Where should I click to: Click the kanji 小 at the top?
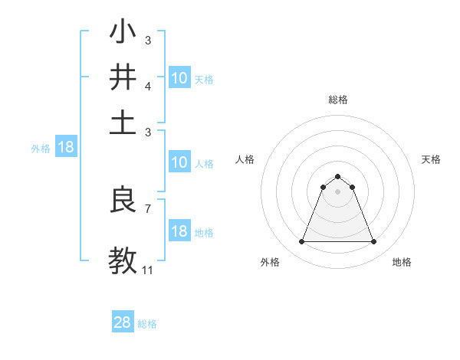tap(123, 34)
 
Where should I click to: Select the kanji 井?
tap(123, 77)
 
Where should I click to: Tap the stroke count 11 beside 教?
tap(148, 270)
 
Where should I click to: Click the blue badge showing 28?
tap(123, 322)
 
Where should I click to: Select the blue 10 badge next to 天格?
tap(179, 78)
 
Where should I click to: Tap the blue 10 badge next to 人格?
tap(179, 162)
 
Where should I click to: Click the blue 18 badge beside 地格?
tap(179, 232)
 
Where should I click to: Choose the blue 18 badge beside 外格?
tap(66, 148)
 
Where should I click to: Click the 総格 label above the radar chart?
tap(337, 100)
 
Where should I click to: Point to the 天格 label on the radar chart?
tap(431, 159)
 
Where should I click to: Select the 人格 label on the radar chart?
tap(245, 159)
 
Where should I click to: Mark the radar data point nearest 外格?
tap(301, 242)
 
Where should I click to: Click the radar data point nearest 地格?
tap(373, 242)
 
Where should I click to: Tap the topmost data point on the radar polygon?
tap(337, 176)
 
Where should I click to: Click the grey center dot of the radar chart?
tap(337, 191)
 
